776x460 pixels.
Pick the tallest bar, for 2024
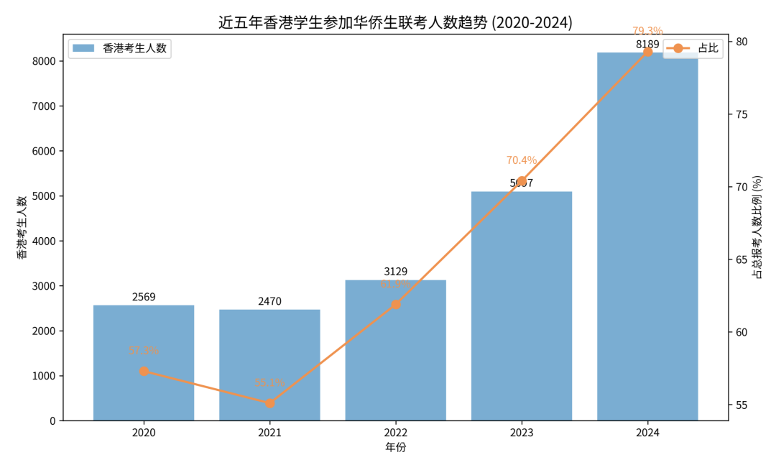[x=647, y=237]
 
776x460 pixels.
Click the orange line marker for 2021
[x=269, y=403]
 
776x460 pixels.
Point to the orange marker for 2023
[x=522, y=181]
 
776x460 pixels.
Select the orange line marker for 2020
[x=144, y=371]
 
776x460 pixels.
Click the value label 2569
[x=144, y=297]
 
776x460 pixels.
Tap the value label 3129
[x=395, y=272]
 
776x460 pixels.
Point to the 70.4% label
[x=522, y=160]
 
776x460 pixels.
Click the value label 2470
[x=269, y=301]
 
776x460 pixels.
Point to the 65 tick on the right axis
[x=740, y=259]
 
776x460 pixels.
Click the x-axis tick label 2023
[x=522, y=433]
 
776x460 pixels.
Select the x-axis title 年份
[x=395, y=447]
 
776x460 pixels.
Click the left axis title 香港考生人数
[x=22, y=227]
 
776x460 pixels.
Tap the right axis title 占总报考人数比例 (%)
[x=757, y=227]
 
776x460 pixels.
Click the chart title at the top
[x=395, y=22]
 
